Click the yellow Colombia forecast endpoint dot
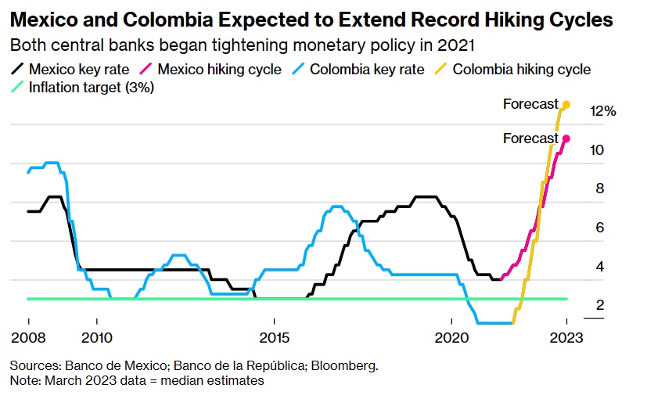(566, 104)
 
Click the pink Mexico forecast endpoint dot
(566, 138)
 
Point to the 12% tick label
(602, 111)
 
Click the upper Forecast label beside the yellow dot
(530, 104)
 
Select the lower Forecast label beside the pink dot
(530, 138)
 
